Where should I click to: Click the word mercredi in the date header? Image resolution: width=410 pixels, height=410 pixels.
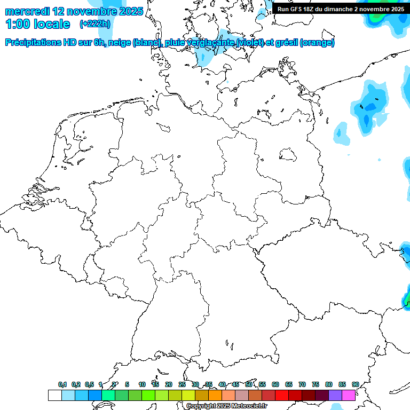coord(27,11)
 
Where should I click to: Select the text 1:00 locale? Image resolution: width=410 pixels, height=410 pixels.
coord(38,24)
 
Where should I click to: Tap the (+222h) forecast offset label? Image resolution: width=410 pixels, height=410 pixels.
coord(94,24)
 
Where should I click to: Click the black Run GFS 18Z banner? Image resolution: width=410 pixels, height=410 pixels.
coord(340,9)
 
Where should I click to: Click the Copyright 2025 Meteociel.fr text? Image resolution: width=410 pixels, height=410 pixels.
coord(226,406)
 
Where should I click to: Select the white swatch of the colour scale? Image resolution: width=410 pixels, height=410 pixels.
coord(54,395)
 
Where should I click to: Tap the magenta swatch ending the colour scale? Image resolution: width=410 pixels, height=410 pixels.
coord(349,395)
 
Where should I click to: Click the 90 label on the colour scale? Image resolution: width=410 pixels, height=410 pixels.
coord(355,384)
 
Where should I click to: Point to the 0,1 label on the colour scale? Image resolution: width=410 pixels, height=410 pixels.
coord(62,384)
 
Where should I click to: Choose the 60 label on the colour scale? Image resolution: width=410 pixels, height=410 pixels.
coord(275,384)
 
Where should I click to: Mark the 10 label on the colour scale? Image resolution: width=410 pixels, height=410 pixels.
coord(142,384)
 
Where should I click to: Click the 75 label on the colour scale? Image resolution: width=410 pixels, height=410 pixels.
coord(316,384)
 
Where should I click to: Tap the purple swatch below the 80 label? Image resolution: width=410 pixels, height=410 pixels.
coord(335,395)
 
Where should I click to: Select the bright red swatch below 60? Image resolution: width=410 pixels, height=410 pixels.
coord(282,395)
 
